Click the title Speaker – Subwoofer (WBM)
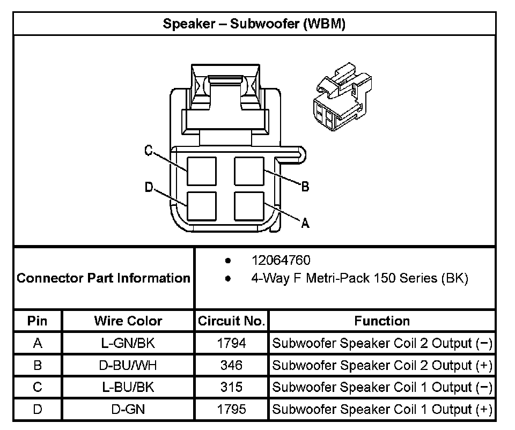254,24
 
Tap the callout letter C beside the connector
149,150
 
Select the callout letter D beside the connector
149,187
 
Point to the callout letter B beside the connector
305,187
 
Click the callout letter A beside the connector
305,223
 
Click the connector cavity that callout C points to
202,171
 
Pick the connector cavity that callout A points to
249,206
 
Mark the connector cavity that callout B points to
249,171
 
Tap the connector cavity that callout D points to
202,206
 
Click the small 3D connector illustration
343,97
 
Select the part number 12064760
281,260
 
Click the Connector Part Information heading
104,278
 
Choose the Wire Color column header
128,321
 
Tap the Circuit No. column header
232,321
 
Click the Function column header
382,321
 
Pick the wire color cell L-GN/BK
128,343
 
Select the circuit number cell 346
232,365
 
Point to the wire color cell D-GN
128,409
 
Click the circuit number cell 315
232,387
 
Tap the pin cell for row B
38,365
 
